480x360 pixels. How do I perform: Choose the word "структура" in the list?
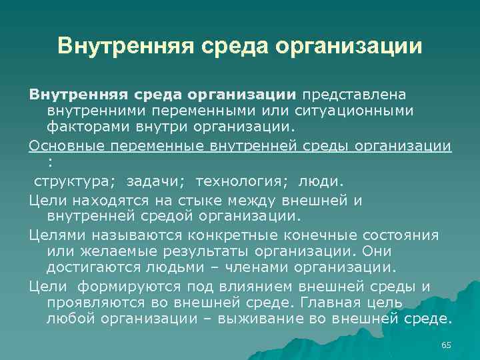pyautogui.click(x=68, y=181)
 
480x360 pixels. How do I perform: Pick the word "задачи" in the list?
pyautogui.click(x=161, y=181)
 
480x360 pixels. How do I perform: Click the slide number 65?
pyautogui.click(x=446, y=344)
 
